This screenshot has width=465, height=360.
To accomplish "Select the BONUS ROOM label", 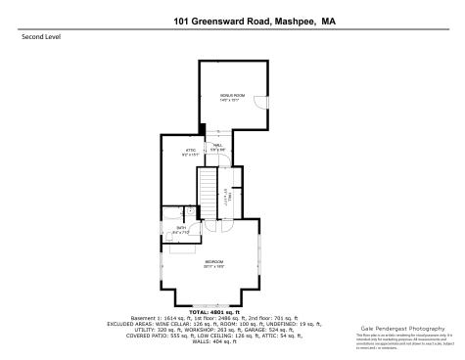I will pos(231,96).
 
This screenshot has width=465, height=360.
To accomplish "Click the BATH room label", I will pos(181,228).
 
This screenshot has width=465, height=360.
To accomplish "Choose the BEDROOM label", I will pos(214,261).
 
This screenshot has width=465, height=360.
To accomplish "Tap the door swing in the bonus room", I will pos(259,102).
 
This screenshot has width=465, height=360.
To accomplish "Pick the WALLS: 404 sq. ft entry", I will pos(232,341).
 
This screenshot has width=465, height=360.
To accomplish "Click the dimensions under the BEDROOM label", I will pos(214,266).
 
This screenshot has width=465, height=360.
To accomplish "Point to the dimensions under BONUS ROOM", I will pos(231,101).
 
